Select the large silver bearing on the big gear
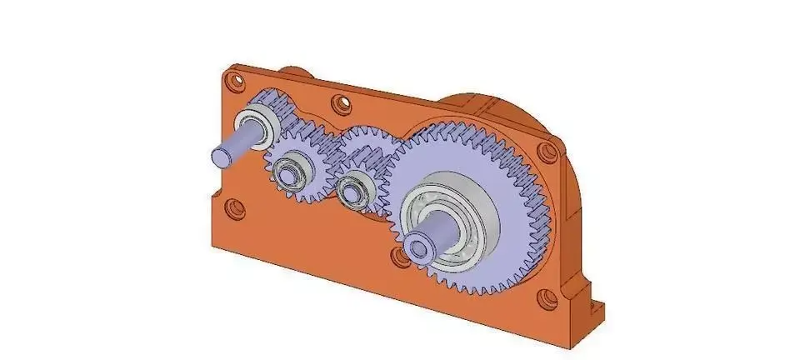coord(467,218)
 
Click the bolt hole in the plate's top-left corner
coord(234,82)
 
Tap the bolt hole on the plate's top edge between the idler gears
coord(337,104)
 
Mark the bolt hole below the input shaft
coord(236,207)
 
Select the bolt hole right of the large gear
coord(546,153)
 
